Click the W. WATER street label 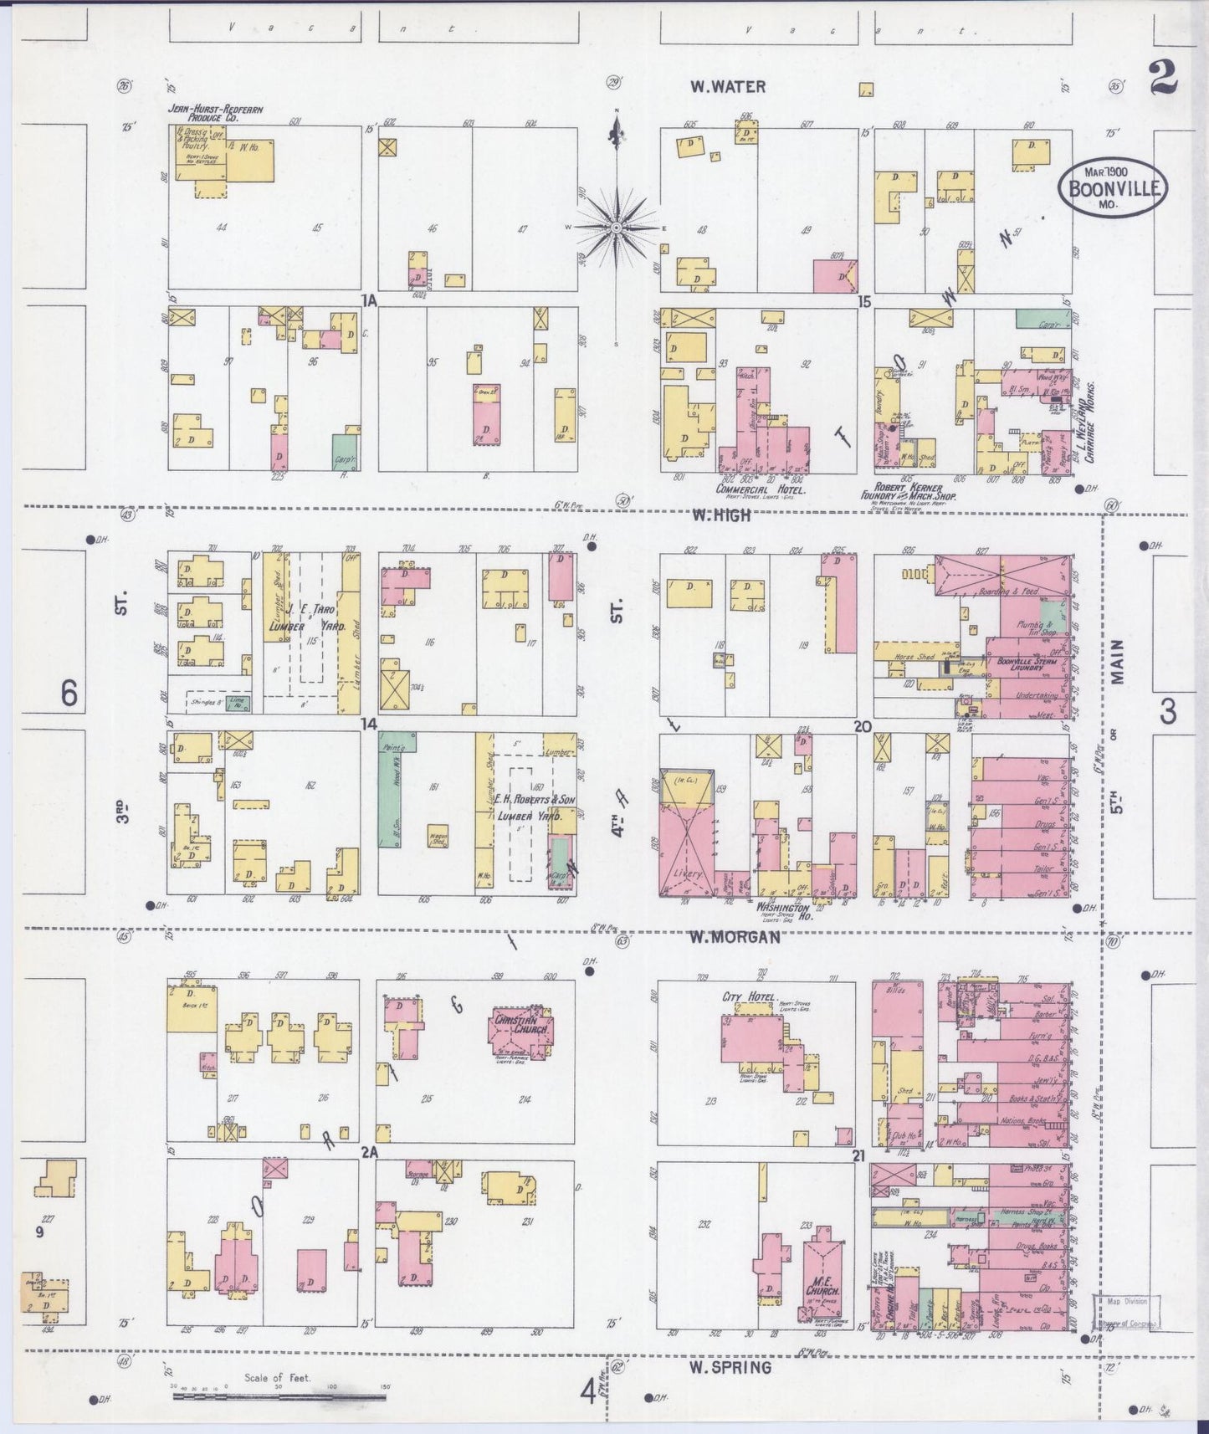coord(727,86)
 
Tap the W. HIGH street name coord(720,516)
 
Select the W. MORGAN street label coord(734,937)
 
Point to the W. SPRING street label coord(730,1367)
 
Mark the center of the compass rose coord(617,227)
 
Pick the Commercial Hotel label coord(760,489)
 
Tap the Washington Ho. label coord(782,908)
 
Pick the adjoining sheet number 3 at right coord(1167,711)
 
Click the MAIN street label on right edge coord(1118,663)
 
